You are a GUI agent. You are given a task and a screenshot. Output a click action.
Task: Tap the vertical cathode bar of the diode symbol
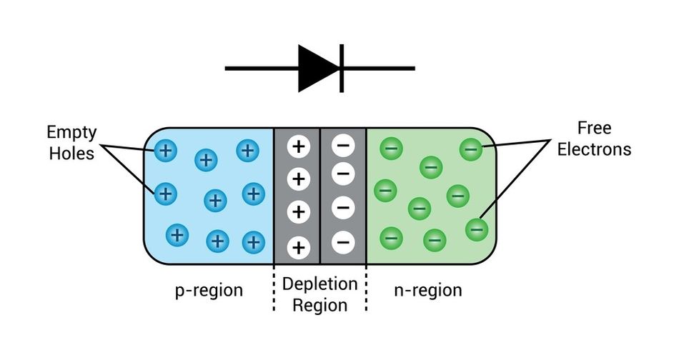click(x=342, y=69)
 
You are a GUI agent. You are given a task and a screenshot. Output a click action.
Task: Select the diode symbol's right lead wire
click(x=379, y=69)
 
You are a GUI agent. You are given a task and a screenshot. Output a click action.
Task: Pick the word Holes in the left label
click(x=71, y=152)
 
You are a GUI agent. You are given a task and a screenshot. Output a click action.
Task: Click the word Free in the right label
click(x=594, y=129)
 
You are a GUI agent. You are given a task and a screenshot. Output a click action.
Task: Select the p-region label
click(x=209, y=291)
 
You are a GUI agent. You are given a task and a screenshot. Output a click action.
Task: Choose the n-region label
click(x=428, y=291)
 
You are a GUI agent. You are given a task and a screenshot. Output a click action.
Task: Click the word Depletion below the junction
click(x=319, y=284)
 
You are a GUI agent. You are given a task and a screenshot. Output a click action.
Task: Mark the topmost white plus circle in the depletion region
click(x=298, y=146)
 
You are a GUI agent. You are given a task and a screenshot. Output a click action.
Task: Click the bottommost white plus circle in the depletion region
click(x=298, y=248)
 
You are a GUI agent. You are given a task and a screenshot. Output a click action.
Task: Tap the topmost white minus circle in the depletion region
click(x=342, y=146)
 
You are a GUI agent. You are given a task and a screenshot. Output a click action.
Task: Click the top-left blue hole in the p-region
click(x=165, y=150)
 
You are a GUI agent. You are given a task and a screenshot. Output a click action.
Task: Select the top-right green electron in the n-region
click(x=471, y=149)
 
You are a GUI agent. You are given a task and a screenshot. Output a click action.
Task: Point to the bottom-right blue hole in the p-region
click(x=252, y=242)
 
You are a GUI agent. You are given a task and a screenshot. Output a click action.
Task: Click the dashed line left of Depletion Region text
click(x=274, y=289)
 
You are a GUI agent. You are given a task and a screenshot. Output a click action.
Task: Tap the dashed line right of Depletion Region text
click(x=366, y=289)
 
